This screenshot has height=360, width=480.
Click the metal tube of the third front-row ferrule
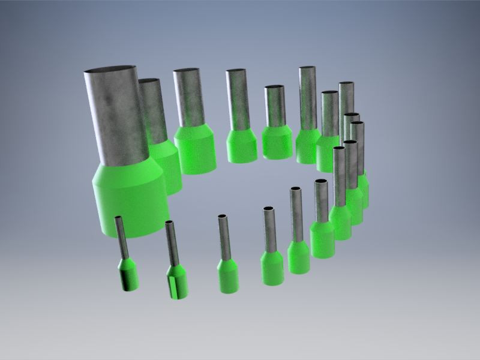coord(223,237)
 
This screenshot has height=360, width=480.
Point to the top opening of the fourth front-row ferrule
coord(268,209)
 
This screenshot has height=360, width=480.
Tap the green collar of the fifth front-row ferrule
coord(298,257)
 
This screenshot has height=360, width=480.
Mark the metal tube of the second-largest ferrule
coord(154,111)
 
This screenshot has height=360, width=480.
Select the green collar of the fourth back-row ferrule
coord(241,147)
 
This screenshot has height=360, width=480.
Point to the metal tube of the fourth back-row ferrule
coord(236,99)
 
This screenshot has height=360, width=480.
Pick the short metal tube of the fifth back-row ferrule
coord(274,105)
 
